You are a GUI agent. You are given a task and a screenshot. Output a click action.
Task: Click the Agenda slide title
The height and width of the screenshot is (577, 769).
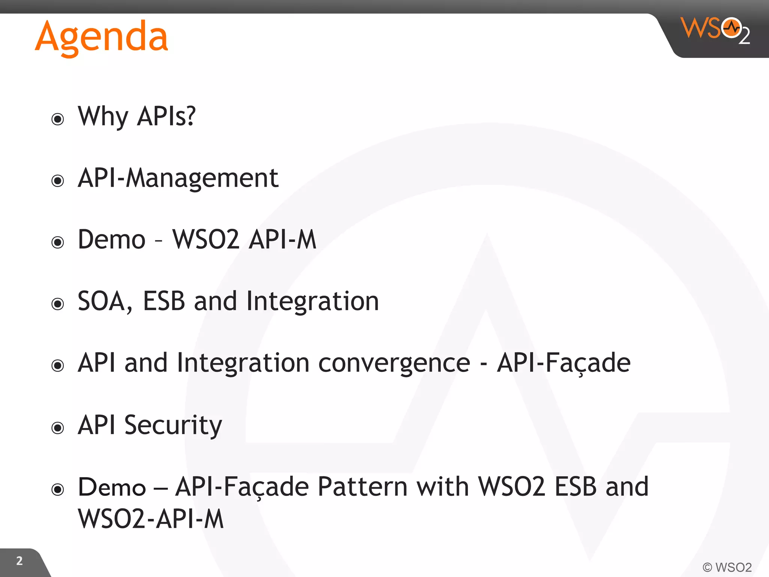(101, 37)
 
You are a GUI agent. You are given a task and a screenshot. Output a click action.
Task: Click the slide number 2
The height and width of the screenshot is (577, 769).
(20, 561)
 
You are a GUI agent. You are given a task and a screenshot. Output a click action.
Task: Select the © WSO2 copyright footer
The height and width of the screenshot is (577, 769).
(727, 567)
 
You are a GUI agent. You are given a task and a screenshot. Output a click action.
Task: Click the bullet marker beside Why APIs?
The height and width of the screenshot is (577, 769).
(57, 119)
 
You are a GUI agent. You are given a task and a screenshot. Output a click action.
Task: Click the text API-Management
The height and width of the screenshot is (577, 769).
(178, 178)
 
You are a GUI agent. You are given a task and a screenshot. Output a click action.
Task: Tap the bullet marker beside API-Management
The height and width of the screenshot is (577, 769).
(57, 181)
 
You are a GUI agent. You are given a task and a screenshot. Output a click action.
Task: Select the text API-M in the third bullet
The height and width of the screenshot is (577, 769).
(282, 239)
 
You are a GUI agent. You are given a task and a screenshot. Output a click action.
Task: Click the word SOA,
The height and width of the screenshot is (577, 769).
(105, 301)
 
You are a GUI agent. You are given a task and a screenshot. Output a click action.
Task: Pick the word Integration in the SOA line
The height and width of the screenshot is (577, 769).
(312, 301)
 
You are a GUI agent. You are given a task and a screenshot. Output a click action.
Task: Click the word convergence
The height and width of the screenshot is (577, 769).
(394, 363)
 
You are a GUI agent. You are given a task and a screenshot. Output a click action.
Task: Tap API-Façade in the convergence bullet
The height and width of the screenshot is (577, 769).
(563, 363)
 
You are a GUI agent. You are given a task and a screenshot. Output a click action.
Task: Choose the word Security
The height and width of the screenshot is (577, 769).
(173, 425)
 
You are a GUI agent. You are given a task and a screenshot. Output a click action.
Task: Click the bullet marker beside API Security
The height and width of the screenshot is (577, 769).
(57, 427)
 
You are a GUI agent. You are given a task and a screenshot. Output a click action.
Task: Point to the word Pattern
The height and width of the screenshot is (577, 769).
(362, 487)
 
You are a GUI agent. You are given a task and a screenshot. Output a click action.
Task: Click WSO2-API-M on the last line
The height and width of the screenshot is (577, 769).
(151, 519)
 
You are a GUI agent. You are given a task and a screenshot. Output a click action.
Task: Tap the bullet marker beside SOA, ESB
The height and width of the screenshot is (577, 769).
(57, 304)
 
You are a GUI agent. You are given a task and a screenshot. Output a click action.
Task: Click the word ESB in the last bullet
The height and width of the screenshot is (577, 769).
(575, 487)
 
